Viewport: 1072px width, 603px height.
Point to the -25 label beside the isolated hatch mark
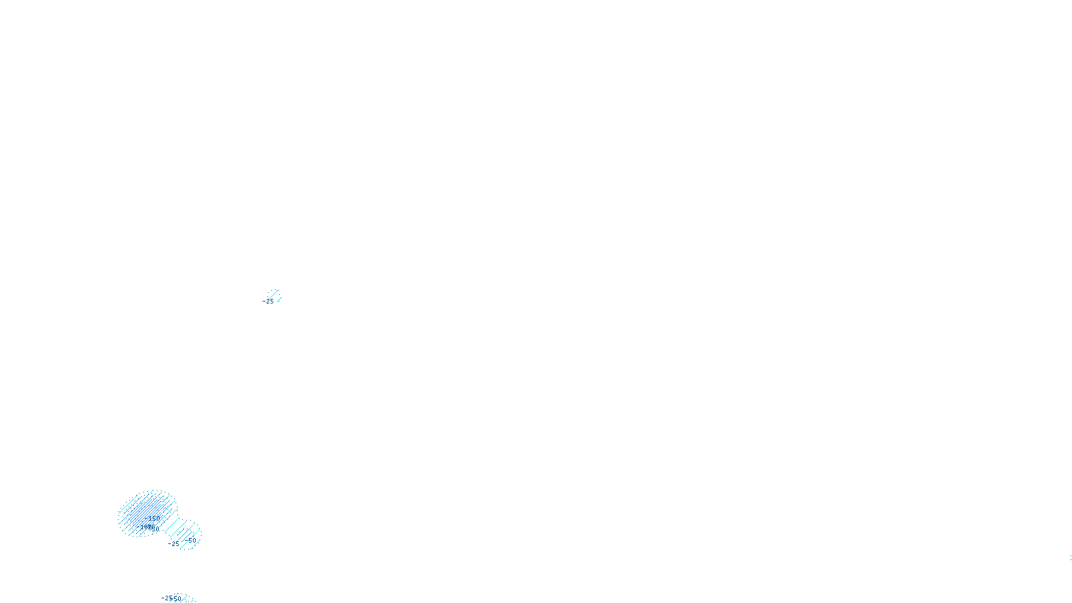(x=269, y=302)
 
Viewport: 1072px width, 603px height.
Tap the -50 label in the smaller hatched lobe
(x=191, y=540)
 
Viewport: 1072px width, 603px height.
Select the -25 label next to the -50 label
(x=174, y=544)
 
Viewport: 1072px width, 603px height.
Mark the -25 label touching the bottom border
(x=167, y=598)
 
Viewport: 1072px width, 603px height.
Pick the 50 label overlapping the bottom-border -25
(x=178, y=598)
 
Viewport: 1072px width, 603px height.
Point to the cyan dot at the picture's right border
(x=1070, y=559)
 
